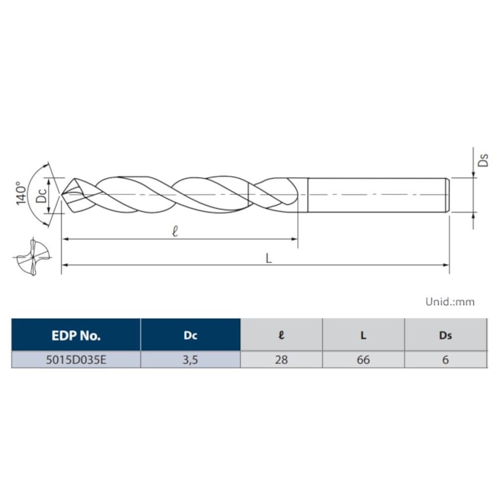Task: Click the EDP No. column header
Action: (x=76, y=335)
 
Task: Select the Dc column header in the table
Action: (x=190, y=335)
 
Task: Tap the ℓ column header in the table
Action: (x=281, y=335)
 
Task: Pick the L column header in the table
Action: (x=363, y=335)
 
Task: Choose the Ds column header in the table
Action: (x=445, y=335)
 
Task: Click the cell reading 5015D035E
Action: (x=76, y=359)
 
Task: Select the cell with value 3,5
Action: (x=190, y=359)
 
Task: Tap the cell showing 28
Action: (x=281, y=359)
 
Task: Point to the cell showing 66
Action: (x=363, y=359)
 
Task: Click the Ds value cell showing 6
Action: (x=445, y=359)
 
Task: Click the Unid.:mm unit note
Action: (x=450, y=301)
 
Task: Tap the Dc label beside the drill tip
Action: (x=44, y=195)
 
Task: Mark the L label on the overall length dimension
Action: (x=268, y=258)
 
